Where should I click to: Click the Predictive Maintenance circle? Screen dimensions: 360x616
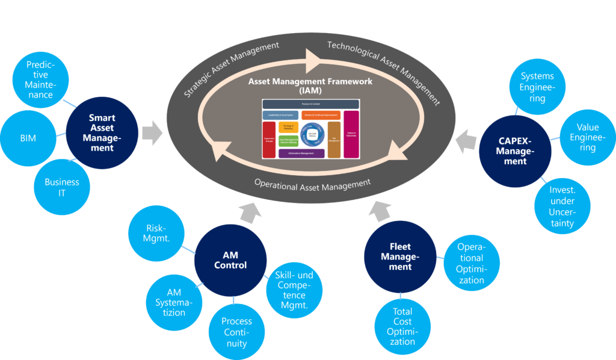click(40, 79)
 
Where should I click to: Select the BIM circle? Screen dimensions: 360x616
click(28, 138)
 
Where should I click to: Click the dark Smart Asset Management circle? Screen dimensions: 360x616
click(102, 133)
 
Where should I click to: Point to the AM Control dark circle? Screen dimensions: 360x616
click(230, 260)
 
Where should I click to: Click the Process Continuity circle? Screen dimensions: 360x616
click(236, 332)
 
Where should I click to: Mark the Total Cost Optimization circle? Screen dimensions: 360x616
click(402, 326)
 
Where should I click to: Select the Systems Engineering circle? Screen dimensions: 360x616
click(537, 88)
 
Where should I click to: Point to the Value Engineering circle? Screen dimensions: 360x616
click(587, 137)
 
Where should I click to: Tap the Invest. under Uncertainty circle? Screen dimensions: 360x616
click(561, 206)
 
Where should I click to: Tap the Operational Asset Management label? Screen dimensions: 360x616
click(312, 183)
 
